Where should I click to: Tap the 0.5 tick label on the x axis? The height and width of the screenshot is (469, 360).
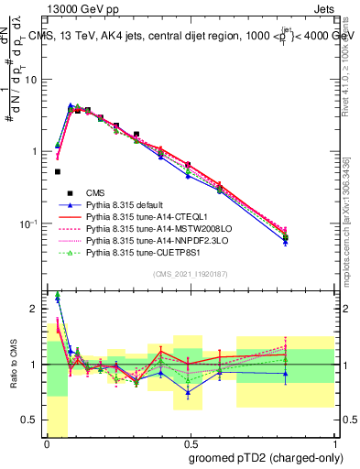click(x=190, y=443)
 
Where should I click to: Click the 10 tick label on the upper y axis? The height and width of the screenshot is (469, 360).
click(x=30, y=80)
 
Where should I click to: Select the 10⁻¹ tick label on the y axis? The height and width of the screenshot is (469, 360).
click(x=27, y=224)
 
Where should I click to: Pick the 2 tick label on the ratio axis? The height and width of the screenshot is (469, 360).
click(x=34, y=308)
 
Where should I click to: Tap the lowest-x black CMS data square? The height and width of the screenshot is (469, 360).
click(x=58, y=171)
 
